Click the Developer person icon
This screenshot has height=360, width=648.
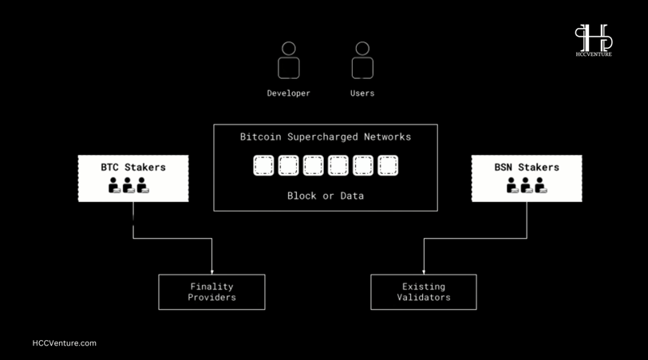point(288,61)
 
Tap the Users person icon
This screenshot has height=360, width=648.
point(362,61)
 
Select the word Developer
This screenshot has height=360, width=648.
point(288,93)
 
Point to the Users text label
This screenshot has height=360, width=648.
point(362,93)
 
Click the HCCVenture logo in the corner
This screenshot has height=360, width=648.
point(594,40)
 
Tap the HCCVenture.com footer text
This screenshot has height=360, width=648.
point(65,343)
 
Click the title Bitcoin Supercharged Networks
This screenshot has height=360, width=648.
point(326,136)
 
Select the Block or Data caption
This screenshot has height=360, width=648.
point(326,196)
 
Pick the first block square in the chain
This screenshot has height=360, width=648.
point(263,165)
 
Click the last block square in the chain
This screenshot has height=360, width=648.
point(388,165)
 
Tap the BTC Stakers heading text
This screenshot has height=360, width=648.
point(133,168)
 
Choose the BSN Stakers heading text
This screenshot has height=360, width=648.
point(527,168)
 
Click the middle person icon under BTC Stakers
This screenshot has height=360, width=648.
point(128,185)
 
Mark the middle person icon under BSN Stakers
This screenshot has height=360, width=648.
point(527,185)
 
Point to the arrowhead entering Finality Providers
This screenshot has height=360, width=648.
point(212,272)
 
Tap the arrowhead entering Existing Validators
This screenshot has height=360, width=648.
point(424,272)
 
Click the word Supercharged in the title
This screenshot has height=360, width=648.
point(322,136)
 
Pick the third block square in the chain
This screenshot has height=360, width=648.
point(314,165)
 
